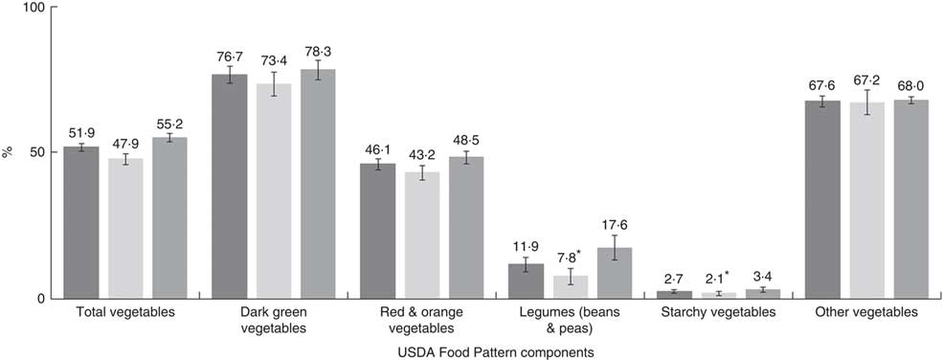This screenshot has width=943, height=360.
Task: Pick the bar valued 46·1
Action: point(377,231)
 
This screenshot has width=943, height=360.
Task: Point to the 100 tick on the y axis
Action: point(32,8)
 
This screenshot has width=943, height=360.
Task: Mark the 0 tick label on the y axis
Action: point(39,299)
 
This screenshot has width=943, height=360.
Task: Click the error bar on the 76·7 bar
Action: point(229,75)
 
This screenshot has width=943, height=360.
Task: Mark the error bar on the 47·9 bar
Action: point(125,159)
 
